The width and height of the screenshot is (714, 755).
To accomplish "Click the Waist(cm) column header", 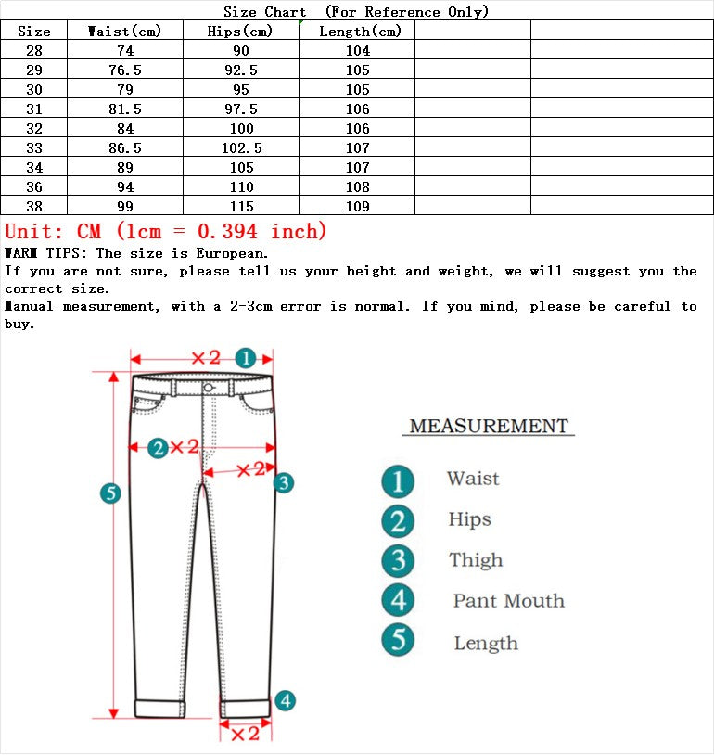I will pyautogui.click(x=124, y=32).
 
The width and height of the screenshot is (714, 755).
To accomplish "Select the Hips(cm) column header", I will pyautogui.click(x=240, y=32).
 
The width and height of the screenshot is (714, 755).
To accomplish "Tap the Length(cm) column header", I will pyautogui.click(x=360, y=32).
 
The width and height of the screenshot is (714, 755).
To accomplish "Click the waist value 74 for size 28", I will pyautogui.click(x=124, y=51).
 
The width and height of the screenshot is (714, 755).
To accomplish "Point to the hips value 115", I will pyautogui.click(x=241, y=207).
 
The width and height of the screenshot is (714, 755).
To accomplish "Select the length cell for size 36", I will pyautogui.click(x=357, y=187).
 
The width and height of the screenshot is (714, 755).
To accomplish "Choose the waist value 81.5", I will pyautogui.click(x=124, y=109).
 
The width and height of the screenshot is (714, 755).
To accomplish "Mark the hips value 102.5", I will pyautogui.click(x=241, y=148).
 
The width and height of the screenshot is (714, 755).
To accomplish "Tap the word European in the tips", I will pyautogui.click(x=231, y=253).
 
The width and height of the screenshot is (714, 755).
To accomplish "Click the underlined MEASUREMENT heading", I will pyautogui.click(x=489, y=427).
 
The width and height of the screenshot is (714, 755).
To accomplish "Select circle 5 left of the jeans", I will pyautogui.click(x=110, y=493).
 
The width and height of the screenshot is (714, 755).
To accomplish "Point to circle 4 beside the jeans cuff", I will pyautogui.click(x=286, y=701).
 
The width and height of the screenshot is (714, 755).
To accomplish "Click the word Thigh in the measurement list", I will pyautogui.click(x=476, y=560).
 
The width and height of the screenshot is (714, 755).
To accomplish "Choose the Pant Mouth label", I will pyautogui.click(x=508, y=601).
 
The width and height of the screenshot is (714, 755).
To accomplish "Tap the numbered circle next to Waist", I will pyautogui.click(x=398, y=480).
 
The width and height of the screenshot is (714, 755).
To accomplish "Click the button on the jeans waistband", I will pyautogui.click(x=209, y=387).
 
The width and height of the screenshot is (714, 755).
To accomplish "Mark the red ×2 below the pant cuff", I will pyautogui.click(x=244, y=735).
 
